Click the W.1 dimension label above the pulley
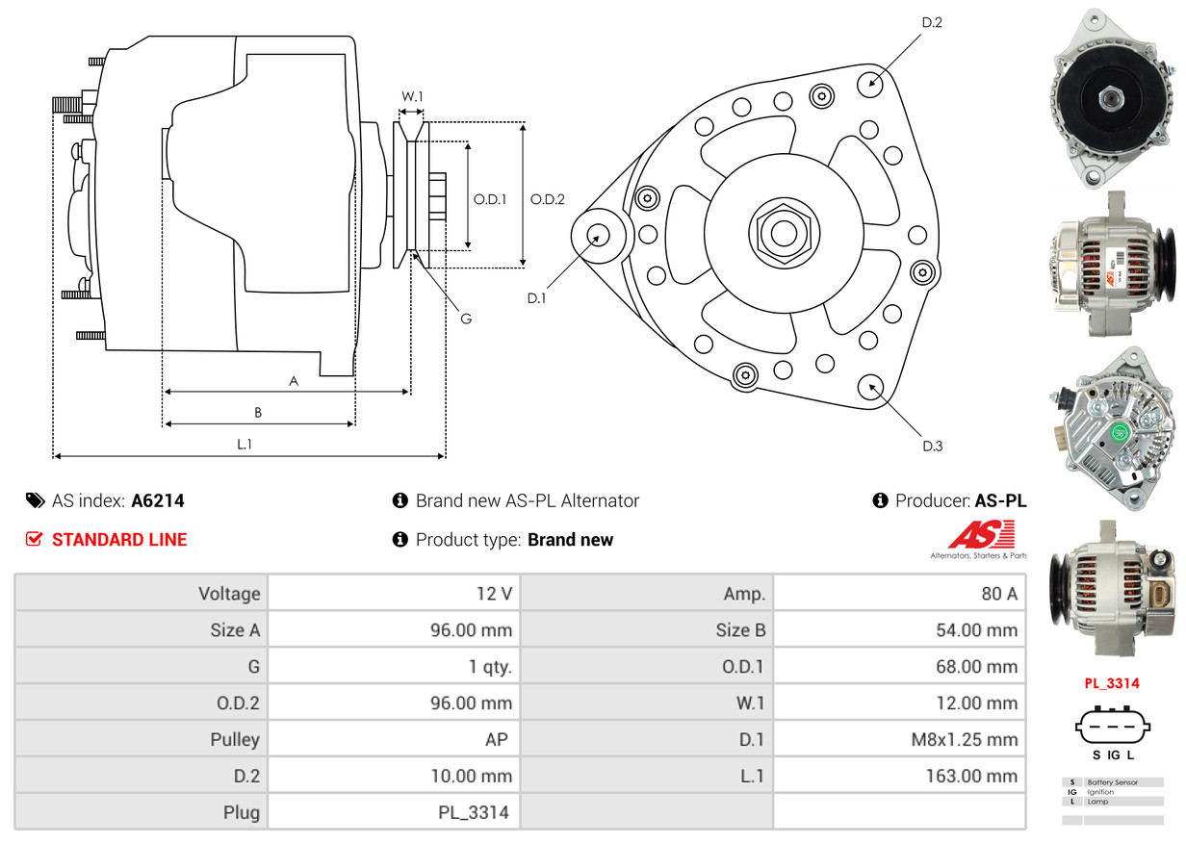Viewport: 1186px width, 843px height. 412,96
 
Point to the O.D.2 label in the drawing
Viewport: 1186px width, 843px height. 548,199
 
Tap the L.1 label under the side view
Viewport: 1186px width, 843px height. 245,444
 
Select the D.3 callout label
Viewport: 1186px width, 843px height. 932,446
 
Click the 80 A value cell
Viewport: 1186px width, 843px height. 900,594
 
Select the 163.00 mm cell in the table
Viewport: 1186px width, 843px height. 900,776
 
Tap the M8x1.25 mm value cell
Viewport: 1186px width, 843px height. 900,740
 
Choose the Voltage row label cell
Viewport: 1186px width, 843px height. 142,594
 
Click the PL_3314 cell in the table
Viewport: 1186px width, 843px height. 395,812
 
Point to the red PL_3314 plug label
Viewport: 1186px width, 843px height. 1112,683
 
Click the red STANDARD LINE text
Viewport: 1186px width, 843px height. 119,540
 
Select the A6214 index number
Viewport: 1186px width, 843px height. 158,500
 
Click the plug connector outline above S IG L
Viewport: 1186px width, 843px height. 1112,728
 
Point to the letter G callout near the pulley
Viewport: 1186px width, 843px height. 465,318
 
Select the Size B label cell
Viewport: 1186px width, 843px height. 646,630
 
